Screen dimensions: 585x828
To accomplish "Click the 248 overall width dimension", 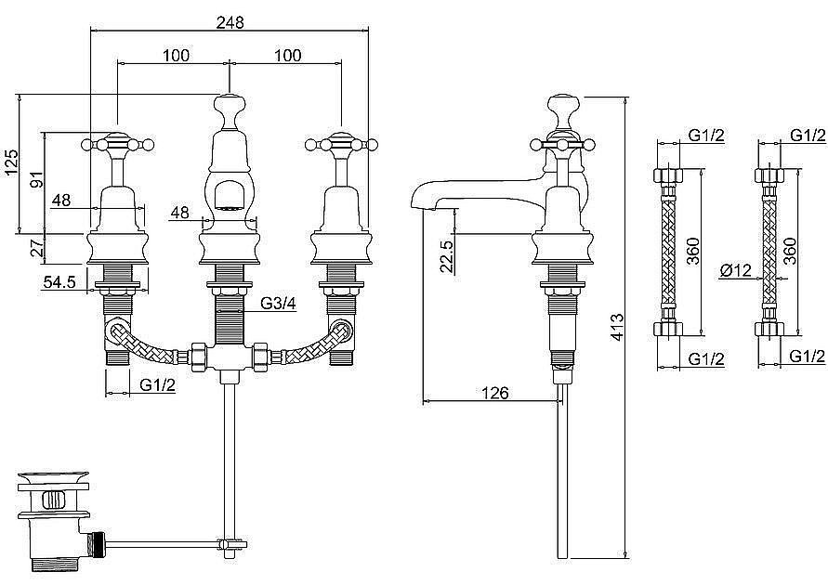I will tap(229, 21).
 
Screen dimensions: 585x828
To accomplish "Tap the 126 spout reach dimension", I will tap(497, 393).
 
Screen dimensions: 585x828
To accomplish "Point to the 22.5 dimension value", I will tap(446, 256).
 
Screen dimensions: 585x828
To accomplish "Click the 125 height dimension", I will tap(11, 163).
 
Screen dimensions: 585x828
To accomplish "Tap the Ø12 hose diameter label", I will tap(736, 271).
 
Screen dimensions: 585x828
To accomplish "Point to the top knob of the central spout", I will tap(229, 104).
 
